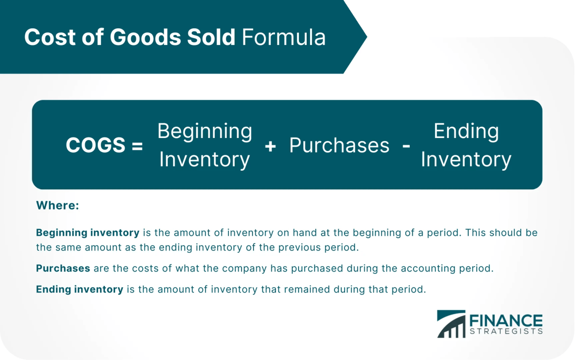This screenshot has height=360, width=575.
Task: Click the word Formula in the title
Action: point(284,37)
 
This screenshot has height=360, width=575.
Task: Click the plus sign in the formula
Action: point(270,146)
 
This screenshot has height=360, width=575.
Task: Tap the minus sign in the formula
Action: point(406,146)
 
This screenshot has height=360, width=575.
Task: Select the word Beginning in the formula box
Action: point(205,131)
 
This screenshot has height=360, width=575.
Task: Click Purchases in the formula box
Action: point(339,146)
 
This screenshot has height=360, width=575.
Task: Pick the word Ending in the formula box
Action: point(466,131)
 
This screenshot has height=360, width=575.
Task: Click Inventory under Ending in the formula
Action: point(466,160)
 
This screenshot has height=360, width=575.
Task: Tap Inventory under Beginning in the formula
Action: point(205,160)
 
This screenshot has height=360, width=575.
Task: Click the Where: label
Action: point(57,206)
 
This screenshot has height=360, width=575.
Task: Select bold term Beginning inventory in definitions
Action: point(88,233)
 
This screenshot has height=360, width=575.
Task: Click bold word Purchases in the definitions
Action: point(63,268)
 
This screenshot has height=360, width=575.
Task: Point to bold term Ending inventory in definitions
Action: point(80,290)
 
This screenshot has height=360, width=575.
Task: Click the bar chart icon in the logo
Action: point(451,324)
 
